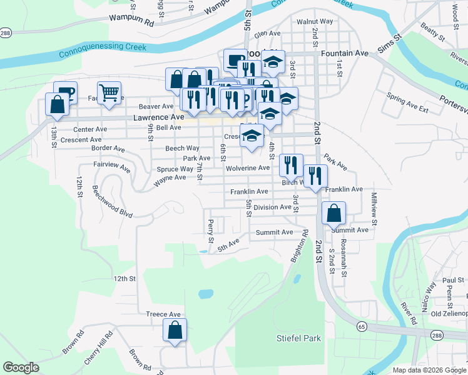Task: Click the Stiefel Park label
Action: click(298, 338)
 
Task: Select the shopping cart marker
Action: click(109, 94)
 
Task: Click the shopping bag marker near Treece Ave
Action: click(175, 331)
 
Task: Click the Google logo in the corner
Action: click(21, 367)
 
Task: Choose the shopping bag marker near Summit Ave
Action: click(334, 214)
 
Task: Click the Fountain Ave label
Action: click(345, 54)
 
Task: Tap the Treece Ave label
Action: click(163, 314)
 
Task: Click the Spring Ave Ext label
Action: click(407, 102)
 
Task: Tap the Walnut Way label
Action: click(315, 21)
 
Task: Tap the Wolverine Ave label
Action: click(247, 168)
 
